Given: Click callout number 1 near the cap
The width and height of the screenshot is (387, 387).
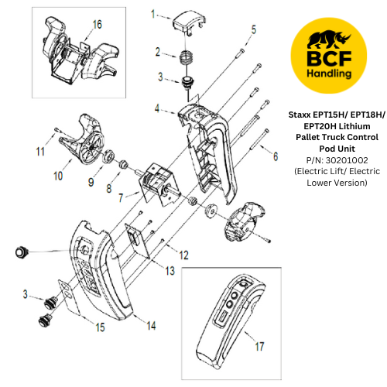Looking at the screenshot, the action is click(x=153, y=14).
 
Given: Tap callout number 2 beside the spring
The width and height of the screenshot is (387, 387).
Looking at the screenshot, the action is click(x=158, y=52).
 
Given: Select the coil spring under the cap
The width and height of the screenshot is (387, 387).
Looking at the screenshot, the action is click(x=187, y=57).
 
